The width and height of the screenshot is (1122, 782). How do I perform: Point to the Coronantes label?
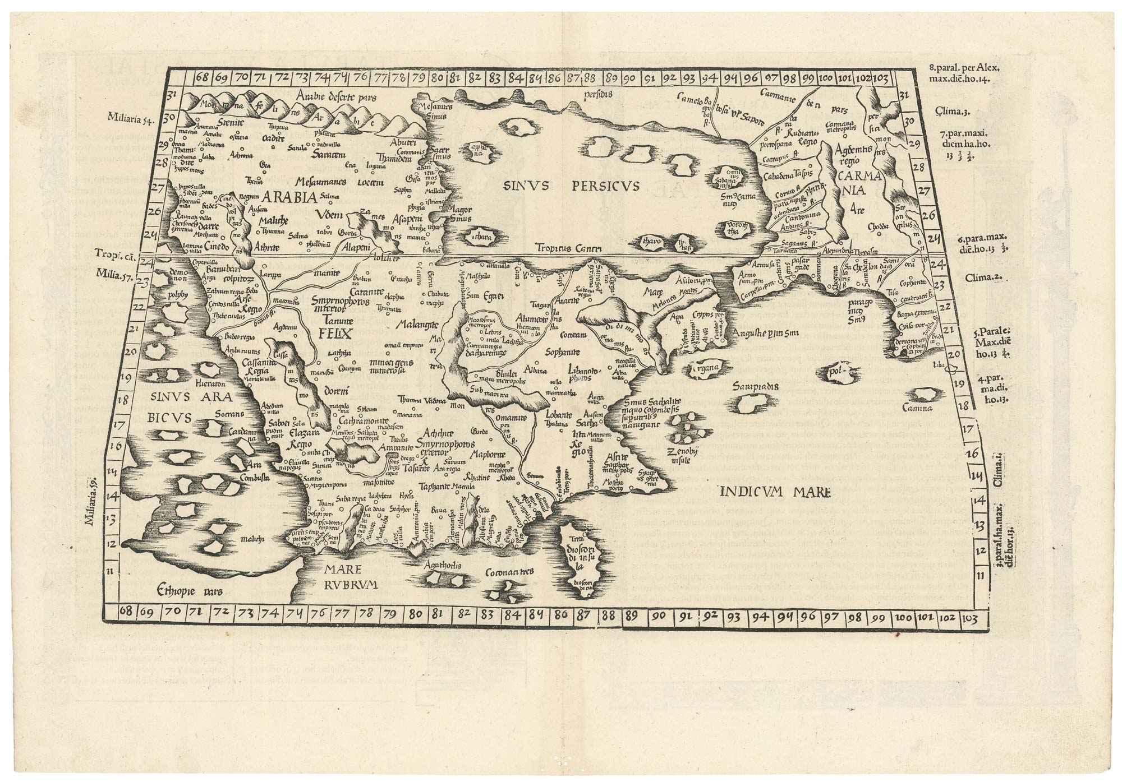pyautogui.click(x=510, y=572)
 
